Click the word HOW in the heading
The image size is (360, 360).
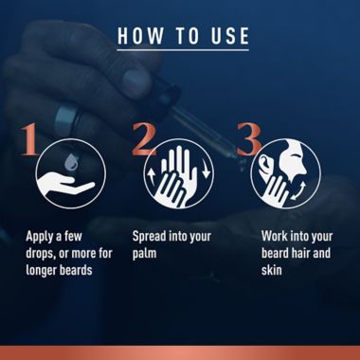(x=141, y=36)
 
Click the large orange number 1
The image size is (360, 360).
(x=29, y=139)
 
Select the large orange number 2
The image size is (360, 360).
(x=144, y=139)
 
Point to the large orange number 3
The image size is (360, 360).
(x=249, y=139)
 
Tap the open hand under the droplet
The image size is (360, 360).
(x=65, y=184)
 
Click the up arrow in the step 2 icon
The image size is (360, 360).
(x=151, y=177)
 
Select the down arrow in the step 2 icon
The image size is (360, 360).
(x=206, y=171)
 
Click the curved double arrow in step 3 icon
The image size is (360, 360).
(x=298, y=191)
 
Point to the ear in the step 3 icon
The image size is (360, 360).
(x=263, y=166)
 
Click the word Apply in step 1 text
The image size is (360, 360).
(x=40, y=237)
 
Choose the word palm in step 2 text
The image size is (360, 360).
(x=144, y=254)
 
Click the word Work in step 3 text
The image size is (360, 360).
(x=275, y=236)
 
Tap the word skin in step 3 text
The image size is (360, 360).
(x=271, y=270)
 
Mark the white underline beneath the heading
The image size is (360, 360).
(x=183, y=49)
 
